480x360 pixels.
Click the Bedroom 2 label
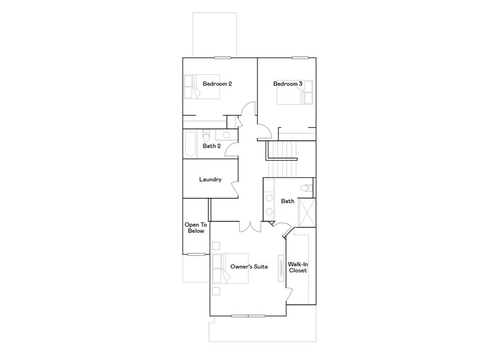coord(217,84)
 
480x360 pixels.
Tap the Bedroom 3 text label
coord(287,84)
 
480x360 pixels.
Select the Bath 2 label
coord(211,146)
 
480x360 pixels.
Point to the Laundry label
coord(210,180)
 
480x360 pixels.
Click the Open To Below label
coord(195,228)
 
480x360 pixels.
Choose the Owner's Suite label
coord(249,267)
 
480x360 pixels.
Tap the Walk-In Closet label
coord(298,267)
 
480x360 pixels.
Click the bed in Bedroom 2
coord(202,87)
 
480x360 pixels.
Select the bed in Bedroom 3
coord(295,92)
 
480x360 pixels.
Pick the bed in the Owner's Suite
coord(230,269)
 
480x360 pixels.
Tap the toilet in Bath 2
coord(205,136)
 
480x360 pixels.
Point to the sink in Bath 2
coord(226,135)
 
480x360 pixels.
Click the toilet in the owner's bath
coord(307,188)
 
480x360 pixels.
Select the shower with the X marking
coord(307,212)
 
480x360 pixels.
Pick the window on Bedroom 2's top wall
coord(223,58)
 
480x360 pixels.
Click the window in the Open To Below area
coord(196,255)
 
